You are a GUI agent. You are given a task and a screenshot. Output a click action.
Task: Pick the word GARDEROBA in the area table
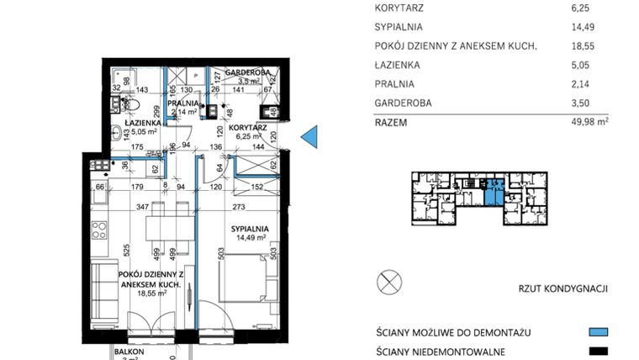[x=403, y=103]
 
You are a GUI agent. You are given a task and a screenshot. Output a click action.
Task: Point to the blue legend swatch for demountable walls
[x=596, y=332]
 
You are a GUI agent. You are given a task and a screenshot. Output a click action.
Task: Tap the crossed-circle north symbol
[x=389, y=282]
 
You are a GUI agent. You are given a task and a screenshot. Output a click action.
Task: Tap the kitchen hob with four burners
[x=98, y=230]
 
